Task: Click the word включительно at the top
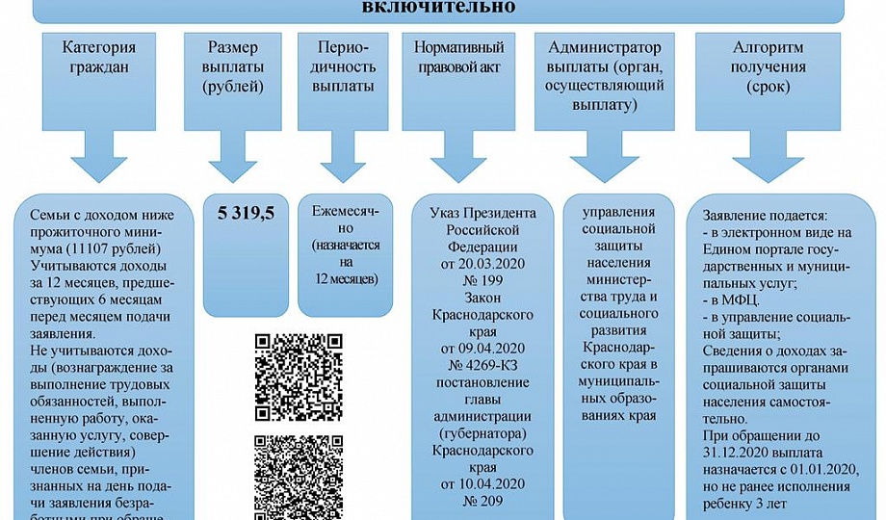(443, 8)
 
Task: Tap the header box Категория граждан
(97, 58)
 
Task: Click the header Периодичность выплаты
(336, 67)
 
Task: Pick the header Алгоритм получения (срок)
(769, 67)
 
